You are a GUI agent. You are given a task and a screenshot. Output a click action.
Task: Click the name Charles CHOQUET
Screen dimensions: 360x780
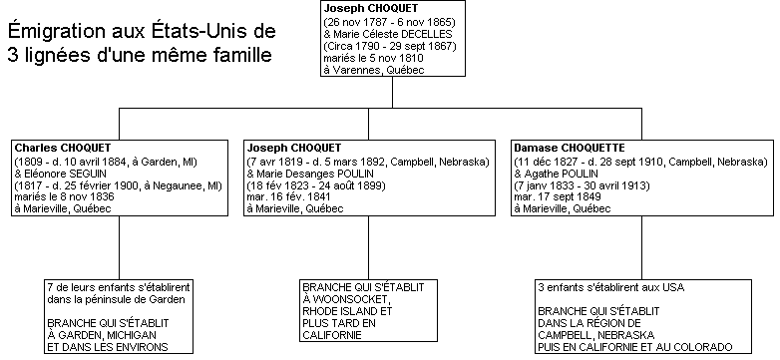click(x=63, y=148)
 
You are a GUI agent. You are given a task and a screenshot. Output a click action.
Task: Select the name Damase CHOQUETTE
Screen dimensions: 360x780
click(x=565, y=148)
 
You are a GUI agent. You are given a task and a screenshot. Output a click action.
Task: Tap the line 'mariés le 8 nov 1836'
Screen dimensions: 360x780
click(x=62, y=196)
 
